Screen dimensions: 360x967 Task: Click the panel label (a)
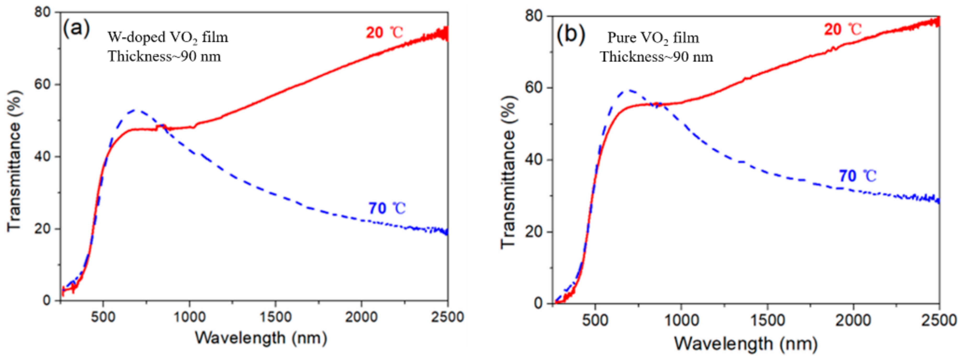coord(76,29)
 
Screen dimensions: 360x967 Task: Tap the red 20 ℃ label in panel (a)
coord(384,33)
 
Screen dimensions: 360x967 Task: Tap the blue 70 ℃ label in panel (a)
coord(387,208)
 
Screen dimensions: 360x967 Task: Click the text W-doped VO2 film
coord(168,37)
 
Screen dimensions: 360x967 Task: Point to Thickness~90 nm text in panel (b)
coord(656,57)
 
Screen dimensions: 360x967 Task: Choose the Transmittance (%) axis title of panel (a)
coord(14,161)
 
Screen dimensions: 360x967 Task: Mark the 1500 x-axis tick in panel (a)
coord(275,317)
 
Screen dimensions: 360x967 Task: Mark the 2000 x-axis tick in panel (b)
coord(853,320)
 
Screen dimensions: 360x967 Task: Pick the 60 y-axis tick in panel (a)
coord(42,84)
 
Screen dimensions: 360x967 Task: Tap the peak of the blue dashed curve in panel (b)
coord(629,90)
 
